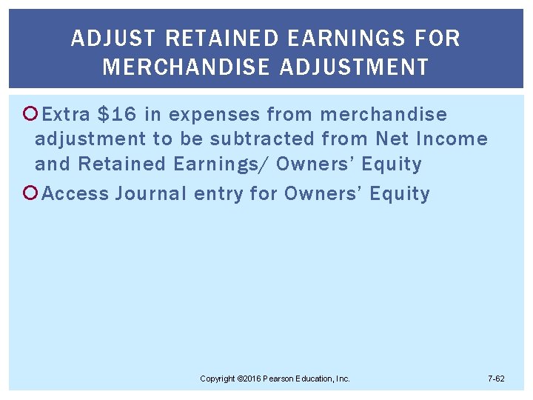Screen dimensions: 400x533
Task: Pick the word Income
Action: [452, 139]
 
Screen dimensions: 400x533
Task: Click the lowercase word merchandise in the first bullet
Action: [383, 114]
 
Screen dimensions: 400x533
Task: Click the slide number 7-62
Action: [496, 379]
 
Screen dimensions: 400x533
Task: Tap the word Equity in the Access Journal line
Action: [399, 194]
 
